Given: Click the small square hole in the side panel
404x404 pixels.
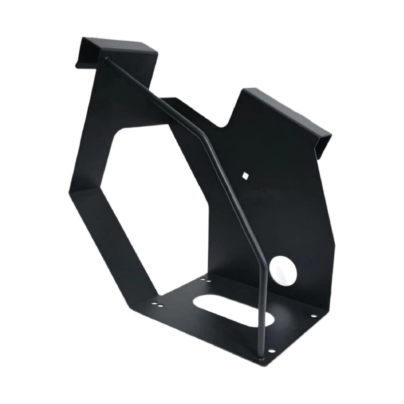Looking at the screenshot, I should [x=245, y=175].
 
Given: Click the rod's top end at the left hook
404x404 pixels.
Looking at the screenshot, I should [x=107, y=58].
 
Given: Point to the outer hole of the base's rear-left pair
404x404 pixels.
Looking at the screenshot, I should [x=202, y=278].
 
